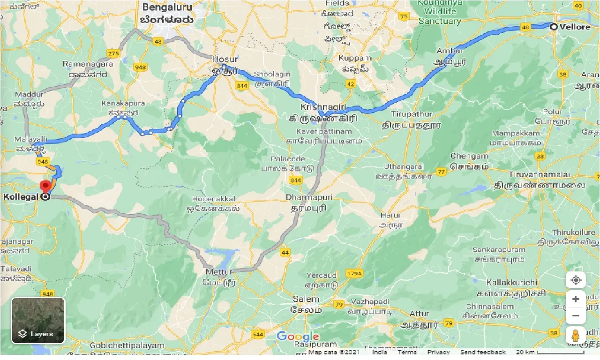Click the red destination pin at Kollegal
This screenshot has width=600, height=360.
(45, 186)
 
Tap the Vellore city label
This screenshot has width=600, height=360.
(575, 27)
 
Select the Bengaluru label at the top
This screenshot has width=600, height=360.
(168, 7)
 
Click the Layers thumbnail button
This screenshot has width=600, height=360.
(38, 320)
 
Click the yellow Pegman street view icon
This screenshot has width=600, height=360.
(576, 336)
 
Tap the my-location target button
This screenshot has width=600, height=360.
(576, 280)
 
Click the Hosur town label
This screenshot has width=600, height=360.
(225, 60)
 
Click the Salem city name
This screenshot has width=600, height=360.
(306, 299)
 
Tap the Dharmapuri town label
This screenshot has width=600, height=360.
(309, 197)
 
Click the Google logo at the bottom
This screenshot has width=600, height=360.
(298, 337)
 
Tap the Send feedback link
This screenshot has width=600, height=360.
(482, 352)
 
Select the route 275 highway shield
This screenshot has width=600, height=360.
(113, 53)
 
